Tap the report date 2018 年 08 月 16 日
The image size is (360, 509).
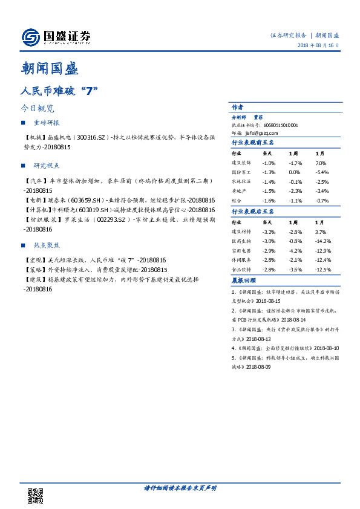pyautogui.click(x=318, y=47)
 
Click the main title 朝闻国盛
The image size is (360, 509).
pyautogui.click(x=49, y=69)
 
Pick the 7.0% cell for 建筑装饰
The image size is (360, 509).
pyautogui.click(x=321, y=163)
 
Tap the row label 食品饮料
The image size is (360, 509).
pyautogui.click(x=241, y=269)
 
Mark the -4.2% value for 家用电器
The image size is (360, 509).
pyautogui.click(x=295, y=250)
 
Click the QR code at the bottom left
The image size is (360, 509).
pyautogui.click(x=36, y=496)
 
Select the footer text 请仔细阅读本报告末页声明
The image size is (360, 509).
pyautogui.click(x=179, y=488)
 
